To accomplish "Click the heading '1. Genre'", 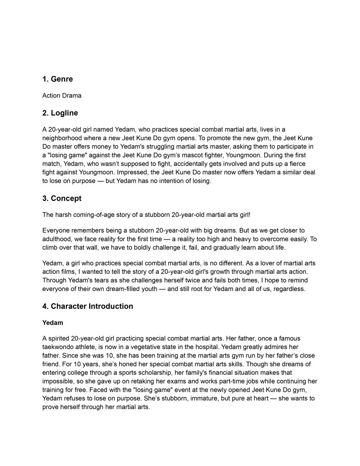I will pos(57,79).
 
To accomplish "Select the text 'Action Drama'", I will pos(61,96).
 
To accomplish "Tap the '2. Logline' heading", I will pos(60,113).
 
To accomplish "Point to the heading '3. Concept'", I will pos(62,198).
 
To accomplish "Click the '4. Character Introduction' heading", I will pos(87,306).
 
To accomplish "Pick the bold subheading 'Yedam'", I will pos(53,323).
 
